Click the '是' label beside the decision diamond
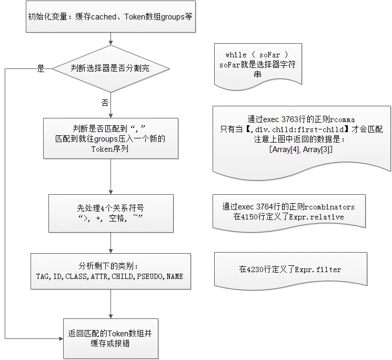(x=40, y=68)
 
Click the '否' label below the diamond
(x=105, y=103)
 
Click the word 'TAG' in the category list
(x=42, y=276)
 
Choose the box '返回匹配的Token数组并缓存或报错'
(x=110, y=338)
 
